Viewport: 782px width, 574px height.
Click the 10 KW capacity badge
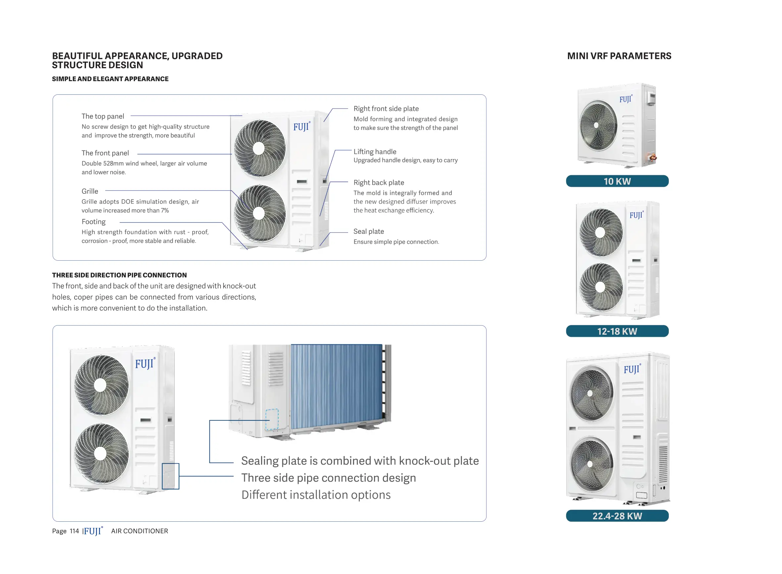[x=617, y=181]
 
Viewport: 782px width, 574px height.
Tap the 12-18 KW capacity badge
[x=617, y=331]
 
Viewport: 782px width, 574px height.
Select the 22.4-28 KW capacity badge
[x=617, y=516]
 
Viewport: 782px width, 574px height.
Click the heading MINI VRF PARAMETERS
[x=619, y=56]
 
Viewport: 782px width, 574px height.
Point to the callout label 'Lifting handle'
[x=375, y=151]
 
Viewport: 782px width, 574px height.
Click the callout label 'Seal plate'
[x=368, y=232]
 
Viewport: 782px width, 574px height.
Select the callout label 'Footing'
[x=93, y=222]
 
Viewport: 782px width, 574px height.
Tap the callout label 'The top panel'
[x=103, y=116]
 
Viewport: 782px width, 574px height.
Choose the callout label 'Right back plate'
[x=378, y=183]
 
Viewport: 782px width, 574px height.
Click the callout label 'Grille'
[x=90, y=191]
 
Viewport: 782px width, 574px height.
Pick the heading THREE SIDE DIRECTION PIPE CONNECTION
[x=119, y=275]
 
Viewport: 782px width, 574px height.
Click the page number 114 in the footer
[x=74, y=531]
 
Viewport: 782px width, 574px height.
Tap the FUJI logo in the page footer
[x=93, y=531]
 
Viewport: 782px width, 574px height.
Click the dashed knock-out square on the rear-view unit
[x=272, y=419]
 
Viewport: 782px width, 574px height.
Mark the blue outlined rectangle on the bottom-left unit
[x=170, y=476]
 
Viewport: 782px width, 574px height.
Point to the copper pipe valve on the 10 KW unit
[x=653, y=158]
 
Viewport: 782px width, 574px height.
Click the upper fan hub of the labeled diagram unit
[x=258, y=148]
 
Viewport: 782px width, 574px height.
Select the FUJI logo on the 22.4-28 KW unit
[x=632, y=369]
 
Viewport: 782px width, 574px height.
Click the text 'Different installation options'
[x=316, y=495]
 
